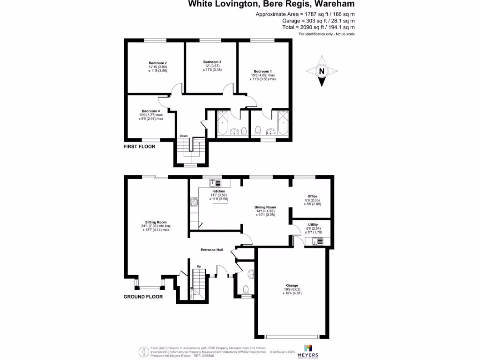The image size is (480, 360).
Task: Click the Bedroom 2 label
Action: (x=158, y=63)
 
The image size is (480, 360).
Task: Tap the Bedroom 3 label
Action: (x=212, y=62)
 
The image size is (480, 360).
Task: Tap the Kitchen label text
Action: (x=219, y=192)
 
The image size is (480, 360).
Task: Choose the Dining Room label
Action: (x=265, y=207)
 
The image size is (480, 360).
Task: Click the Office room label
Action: (x=313, y=196)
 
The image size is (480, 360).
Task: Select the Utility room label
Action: (x=313, y=225)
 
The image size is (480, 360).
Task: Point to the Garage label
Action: (x=292, y=285)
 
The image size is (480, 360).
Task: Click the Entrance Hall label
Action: (x=212, y=250)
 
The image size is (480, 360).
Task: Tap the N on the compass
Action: (x=322, y=71)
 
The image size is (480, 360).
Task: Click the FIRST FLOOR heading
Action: (x=139, y=147)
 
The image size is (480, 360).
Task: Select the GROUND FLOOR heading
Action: (x=143, y=297)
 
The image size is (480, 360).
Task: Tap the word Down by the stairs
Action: (x=184, y=136)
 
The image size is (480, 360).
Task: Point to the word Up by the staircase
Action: (x=199, y=266)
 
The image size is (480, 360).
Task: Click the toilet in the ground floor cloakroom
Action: (x=246, y=289)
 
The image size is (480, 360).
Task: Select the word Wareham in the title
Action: (x=335, y=4)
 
